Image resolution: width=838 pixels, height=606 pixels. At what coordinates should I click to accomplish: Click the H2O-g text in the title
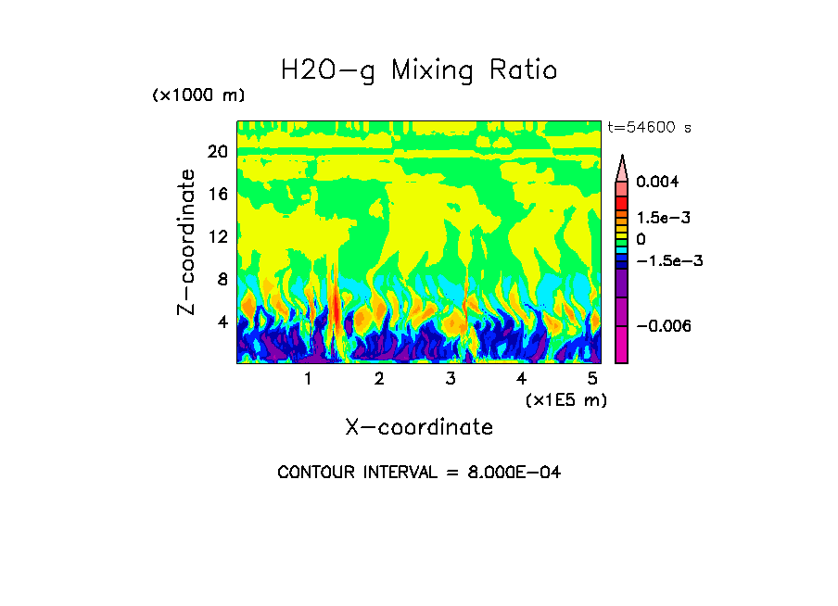pos(328,70)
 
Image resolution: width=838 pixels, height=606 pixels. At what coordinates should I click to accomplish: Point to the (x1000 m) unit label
pos(198,95)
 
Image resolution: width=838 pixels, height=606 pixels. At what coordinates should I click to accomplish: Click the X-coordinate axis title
pos(419,427)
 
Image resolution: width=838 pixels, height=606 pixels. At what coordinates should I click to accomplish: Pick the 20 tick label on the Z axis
pos(217,152)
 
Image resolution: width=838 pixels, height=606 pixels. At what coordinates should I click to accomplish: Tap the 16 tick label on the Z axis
pos(217,195)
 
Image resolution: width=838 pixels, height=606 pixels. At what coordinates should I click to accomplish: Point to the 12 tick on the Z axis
pos(217,237)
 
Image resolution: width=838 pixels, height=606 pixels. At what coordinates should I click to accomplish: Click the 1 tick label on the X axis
pos(308,379)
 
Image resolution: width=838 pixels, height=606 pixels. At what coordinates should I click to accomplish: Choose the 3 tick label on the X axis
pos(451,379)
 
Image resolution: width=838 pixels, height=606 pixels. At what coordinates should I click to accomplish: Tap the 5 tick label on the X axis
pos(592,379)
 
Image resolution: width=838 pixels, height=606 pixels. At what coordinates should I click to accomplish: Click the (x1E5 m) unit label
pos(565,399)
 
